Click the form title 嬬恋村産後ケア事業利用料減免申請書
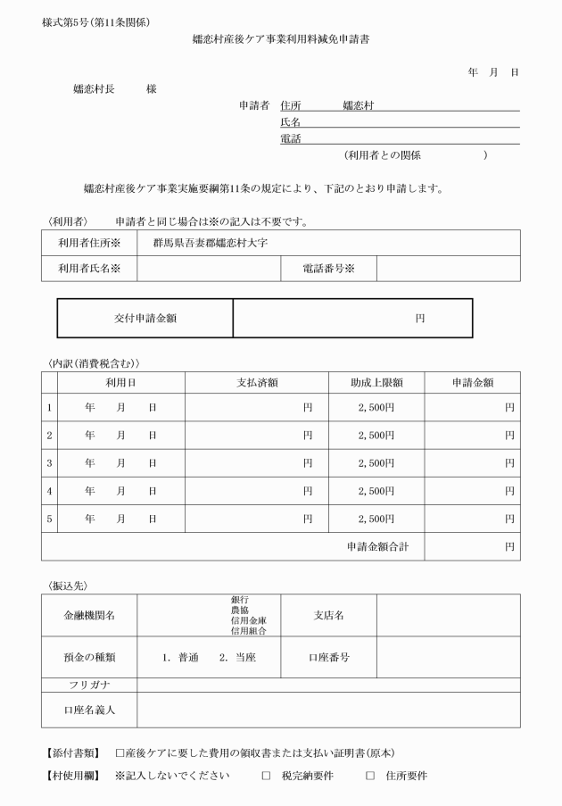(x=280, y=40)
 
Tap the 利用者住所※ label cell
(x=88, y=243)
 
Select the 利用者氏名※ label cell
(x=88, y=269)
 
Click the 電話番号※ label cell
(x=327, y=269)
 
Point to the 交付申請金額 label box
(x=145, y=318)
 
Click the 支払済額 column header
(x=256, y=383)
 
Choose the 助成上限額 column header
(x=376, y=383)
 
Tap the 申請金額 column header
(x=472, y=383)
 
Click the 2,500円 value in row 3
(x=376, y=463)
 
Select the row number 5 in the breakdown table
(x=49, y=519)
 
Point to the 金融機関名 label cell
(x=88, y=615)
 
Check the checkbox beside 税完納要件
(x=266, y=776)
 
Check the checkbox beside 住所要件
(x=370, y=776)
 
